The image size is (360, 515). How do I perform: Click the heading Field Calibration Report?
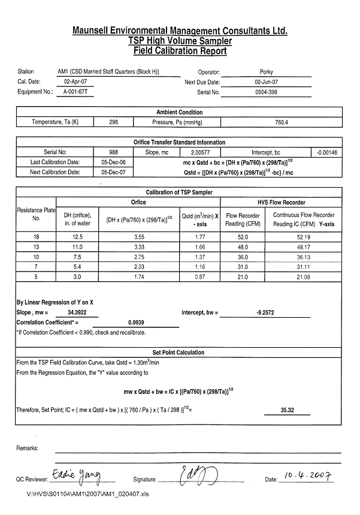pos(180,51)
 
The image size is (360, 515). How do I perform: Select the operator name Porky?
pos(266,71)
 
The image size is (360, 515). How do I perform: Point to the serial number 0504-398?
pos(266,92)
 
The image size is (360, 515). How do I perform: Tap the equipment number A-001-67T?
pos(74,92)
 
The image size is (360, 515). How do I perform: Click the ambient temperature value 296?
pos(114,122)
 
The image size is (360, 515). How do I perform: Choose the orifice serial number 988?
pos(114,152)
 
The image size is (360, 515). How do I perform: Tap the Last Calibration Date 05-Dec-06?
pos(114,162)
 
